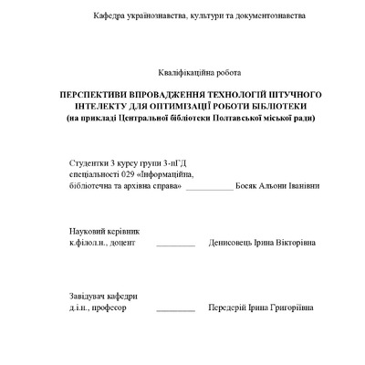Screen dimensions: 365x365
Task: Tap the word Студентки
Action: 88,161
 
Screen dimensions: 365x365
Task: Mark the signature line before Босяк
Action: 208,187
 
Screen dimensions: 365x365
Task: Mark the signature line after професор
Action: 175,310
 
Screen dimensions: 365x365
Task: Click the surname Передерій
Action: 230,308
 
